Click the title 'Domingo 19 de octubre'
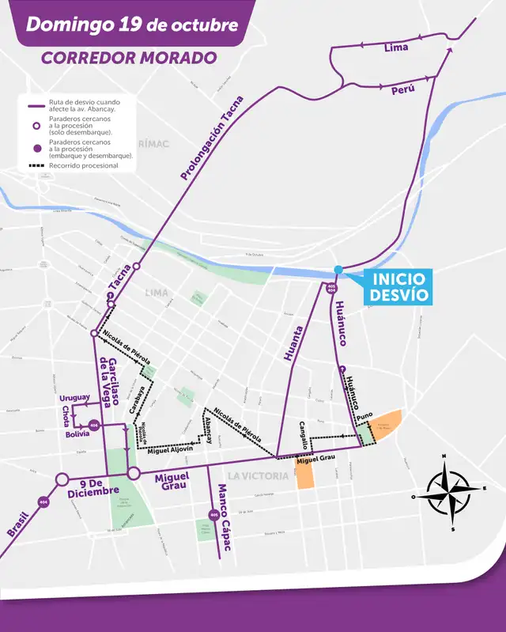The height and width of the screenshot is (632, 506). pyautogui.click(x=131, y=25)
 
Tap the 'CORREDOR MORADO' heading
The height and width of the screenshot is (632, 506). pyautogui.click(x=129, y=58)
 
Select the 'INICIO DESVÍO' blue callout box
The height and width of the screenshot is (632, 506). pyautogui.click(x=399, y=287)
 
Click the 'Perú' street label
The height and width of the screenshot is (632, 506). pyautogui.click(x=402, y=91)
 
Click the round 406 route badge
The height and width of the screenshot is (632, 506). pyautogui.click(x=94, y=425)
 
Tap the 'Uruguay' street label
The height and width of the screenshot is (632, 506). pyautogui.click(x=75, y=397)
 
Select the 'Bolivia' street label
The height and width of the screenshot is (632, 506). pyautogui.click(x=77, y=434)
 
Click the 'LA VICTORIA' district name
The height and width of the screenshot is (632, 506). pyautogui.click(x=255, y=475)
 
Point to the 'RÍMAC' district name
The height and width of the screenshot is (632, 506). pyautogui.click(x=153, y=143)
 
